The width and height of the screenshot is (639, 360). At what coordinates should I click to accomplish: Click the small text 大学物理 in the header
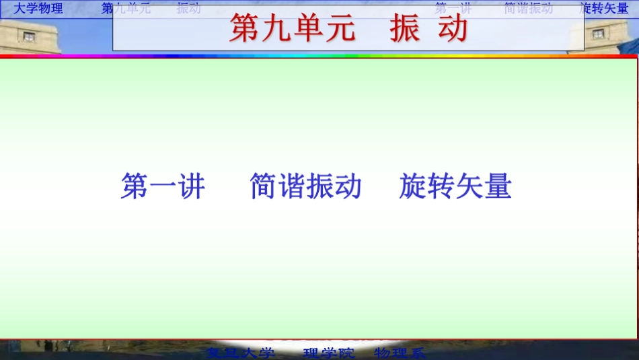[x=38, y=9]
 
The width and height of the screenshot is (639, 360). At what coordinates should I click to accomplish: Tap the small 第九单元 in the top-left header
[x=126, y=9]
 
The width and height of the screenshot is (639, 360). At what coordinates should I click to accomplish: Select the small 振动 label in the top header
[x=188, y=9]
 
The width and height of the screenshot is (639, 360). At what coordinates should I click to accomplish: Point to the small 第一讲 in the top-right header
[x=453, y=9]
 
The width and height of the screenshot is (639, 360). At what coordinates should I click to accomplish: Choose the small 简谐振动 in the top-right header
[x=528, y=9]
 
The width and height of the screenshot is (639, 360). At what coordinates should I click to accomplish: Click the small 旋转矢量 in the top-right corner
[x=604, y=9]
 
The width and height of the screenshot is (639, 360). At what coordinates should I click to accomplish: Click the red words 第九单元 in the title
[x=292, y=28]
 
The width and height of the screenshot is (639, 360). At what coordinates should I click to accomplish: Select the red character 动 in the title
[x=453, y=28]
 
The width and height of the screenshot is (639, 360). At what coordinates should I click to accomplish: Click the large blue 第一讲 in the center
[x=163, y=186]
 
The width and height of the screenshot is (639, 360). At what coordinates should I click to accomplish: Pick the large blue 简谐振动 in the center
[x=305, y=186]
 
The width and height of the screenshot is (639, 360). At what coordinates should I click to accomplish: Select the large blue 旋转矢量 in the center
[x=455, y=186]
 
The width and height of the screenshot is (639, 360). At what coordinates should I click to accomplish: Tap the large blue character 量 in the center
[x=498, y=186]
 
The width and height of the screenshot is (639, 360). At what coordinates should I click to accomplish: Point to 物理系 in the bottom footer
[x=400, y=353]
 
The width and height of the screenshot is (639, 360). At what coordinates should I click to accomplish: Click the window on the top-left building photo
[x=28, y=36]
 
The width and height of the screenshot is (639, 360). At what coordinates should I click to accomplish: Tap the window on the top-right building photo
[x=596, y=32]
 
